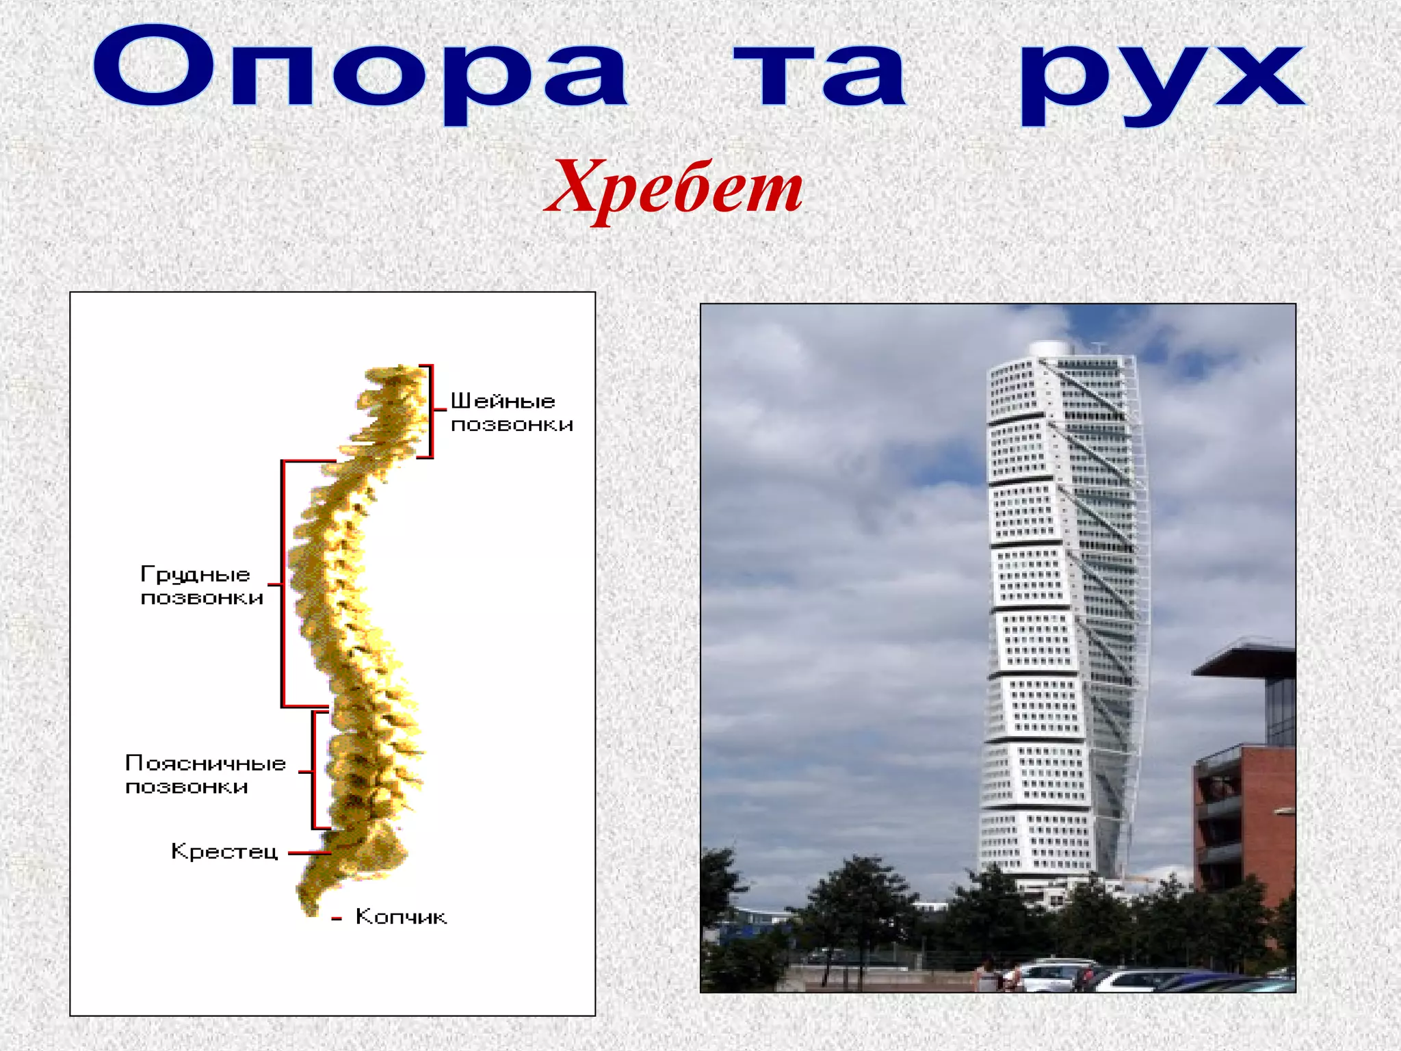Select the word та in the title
[x=820, y=75]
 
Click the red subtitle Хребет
[x=674, y=187]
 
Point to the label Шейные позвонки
[x=511, y=413]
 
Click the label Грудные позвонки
[x=201, y=586]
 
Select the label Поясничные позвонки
[x=205, y=775]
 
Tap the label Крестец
[x=224, y=852]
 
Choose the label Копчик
[x=401, y=917]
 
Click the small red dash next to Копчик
[x=336, y=919]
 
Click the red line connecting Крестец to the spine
[x=309, y=853]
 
